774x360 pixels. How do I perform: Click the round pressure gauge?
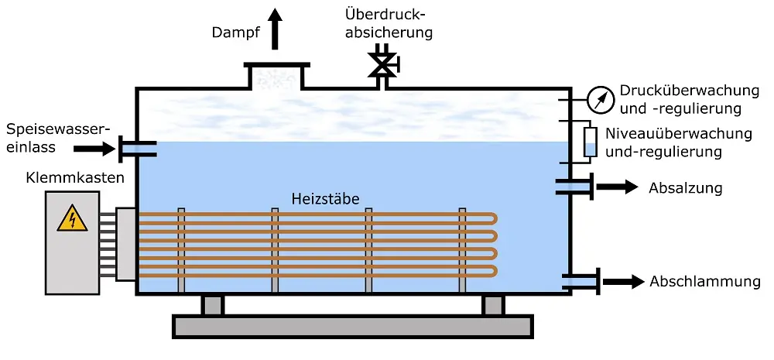click(598, 98)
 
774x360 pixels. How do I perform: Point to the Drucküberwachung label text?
click(680, 99)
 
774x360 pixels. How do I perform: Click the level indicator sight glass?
click(591, 142)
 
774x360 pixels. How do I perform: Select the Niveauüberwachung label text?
click(678, 142)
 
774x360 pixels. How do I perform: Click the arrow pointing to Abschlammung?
click(622, 282)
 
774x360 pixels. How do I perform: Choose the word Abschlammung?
click(705, 282)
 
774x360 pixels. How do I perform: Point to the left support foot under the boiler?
click(212, 304)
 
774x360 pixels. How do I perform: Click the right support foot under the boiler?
click(493, 304)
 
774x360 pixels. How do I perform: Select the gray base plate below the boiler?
click(352, 327)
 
